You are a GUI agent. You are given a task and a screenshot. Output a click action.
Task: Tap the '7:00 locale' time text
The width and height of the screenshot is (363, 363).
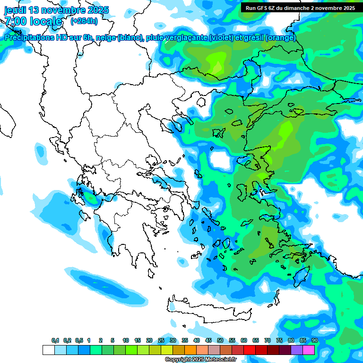[33, 21]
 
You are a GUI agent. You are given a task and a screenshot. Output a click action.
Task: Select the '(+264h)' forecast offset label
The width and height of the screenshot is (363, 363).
[84, 21]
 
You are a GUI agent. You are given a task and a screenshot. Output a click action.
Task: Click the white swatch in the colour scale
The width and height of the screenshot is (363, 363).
[48, 350]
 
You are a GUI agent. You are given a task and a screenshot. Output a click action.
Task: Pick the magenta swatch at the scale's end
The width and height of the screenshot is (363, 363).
[309, 350]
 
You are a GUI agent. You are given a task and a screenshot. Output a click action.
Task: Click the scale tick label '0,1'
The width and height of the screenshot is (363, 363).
[55, 340]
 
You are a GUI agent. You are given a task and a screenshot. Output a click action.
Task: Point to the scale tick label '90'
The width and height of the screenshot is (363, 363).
[315, 340]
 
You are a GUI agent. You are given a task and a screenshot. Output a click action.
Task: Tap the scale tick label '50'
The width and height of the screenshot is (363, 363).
[220, 340]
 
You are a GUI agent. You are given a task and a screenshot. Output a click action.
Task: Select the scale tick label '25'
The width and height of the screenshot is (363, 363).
[161, 340]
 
